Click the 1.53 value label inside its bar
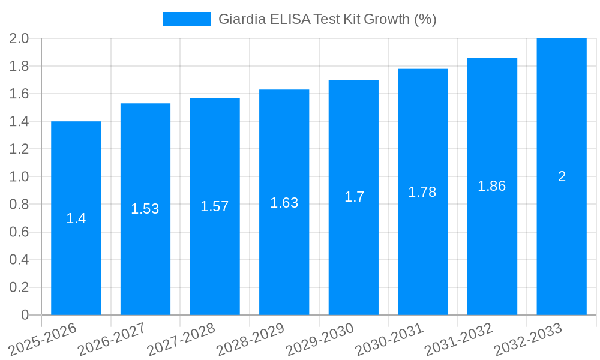(145, 209)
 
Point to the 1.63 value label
(284, 203)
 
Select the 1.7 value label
(354, 197)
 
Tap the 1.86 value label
(492, 186)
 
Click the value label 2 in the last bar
(562, 176)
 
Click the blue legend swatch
(187, 19)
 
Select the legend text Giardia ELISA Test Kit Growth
(327, 19)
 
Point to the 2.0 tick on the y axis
(19, 38)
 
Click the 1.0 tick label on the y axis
(19, 176)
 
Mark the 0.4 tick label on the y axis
(19, 260)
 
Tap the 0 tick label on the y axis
(25, 315)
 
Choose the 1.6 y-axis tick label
(19, 94)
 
